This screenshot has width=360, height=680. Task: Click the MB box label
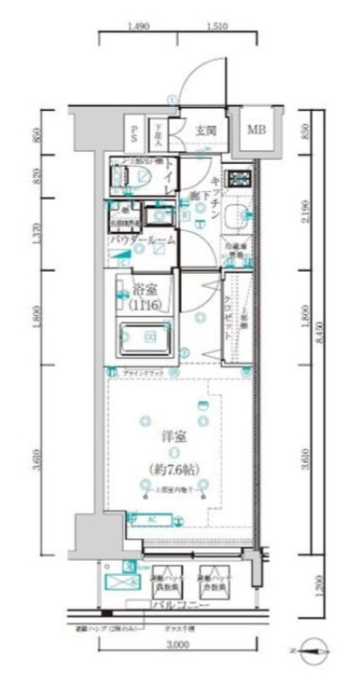[257, 130]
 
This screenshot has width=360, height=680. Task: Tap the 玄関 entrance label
[207, 130]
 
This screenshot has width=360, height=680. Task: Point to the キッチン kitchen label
[216, 195]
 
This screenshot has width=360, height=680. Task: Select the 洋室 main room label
[171, 438]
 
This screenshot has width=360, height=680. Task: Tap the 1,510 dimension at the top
[215, 27]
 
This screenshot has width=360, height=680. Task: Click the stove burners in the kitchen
[238, 176]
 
